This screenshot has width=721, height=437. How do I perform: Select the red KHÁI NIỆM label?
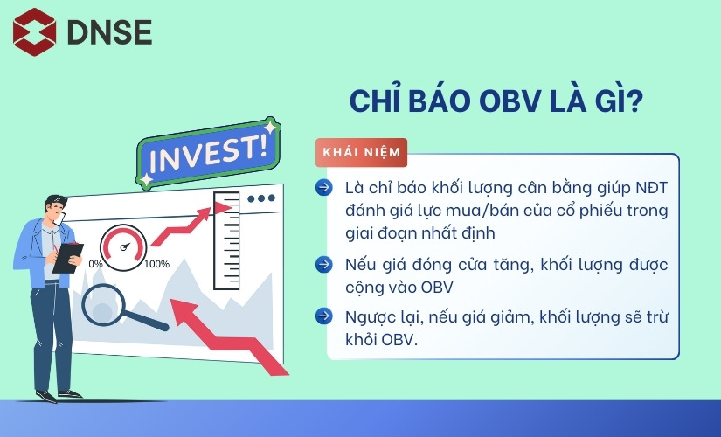pos(362,152)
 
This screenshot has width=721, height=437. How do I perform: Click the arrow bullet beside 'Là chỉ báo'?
pos(324,187)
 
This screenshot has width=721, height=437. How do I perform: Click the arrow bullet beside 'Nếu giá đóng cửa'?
pos(324,263)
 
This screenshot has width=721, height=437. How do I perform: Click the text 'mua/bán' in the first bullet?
pos(457,211)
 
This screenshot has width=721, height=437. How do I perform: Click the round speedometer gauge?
pos(123,246)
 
